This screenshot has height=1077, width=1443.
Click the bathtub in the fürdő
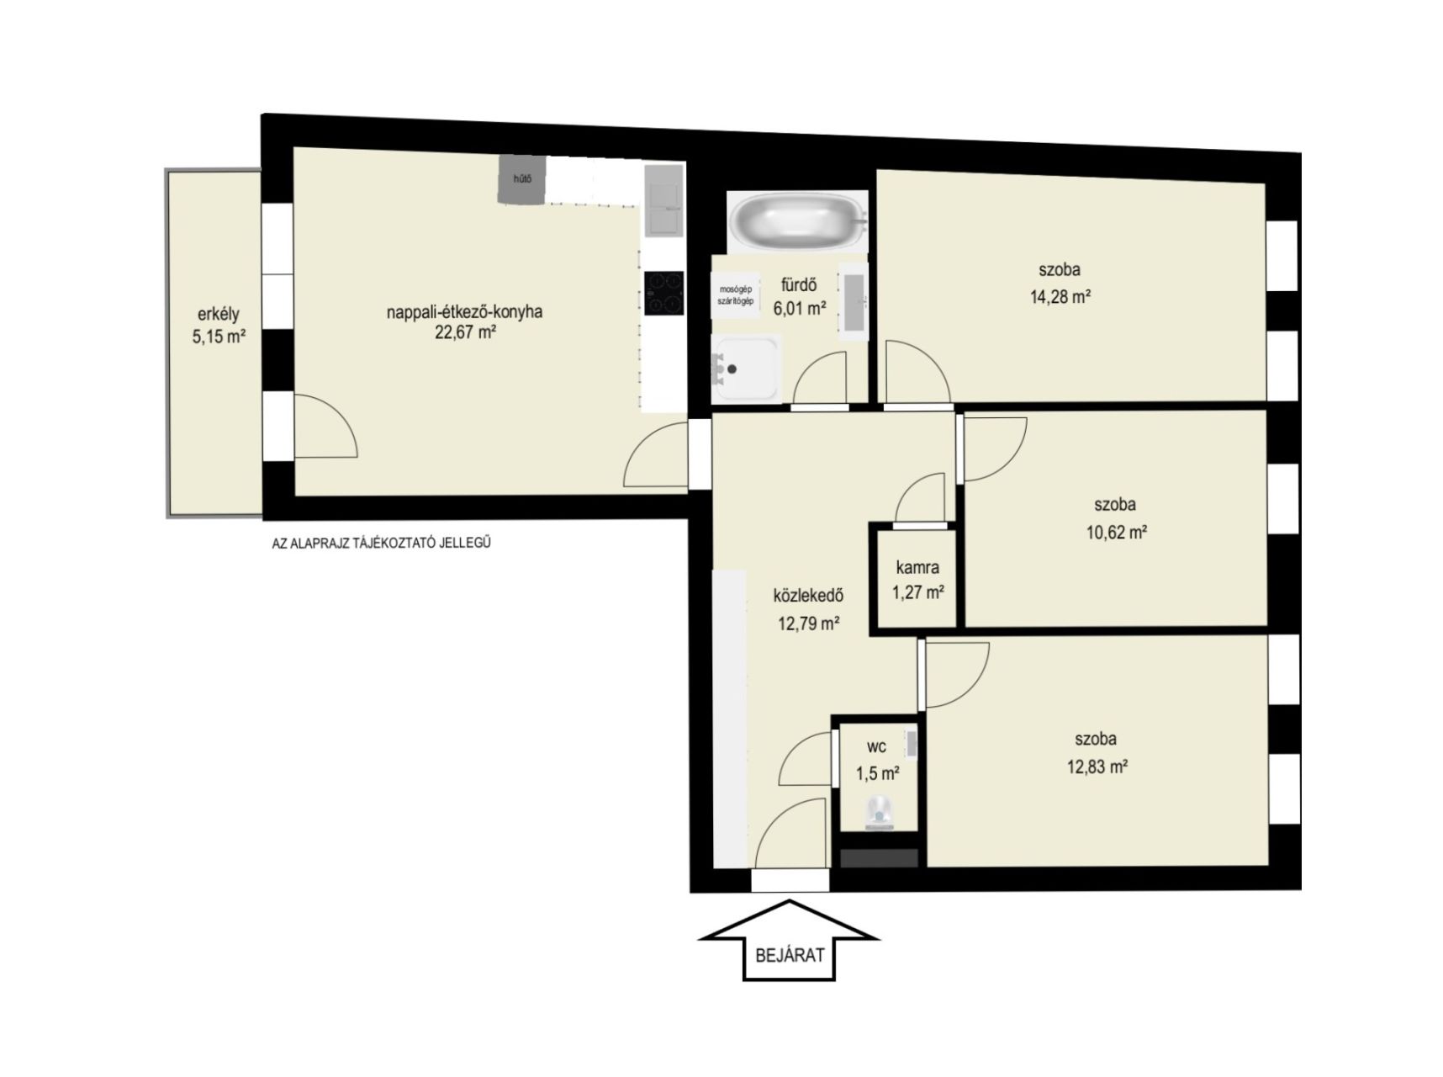coord(795,221)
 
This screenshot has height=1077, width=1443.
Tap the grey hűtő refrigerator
coord(521,178)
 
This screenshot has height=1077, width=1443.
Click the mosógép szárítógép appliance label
coord(735,295)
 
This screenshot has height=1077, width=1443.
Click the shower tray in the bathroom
coord(746,369)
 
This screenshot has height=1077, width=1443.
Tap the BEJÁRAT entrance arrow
coord(789,940)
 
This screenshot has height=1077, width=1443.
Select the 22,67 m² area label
coord(464,332)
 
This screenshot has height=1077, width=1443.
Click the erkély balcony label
coord(218,315)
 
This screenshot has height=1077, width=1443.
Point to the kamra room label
coord(917,567)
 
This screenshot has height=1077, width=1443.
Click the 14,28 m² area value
coord(1060,296)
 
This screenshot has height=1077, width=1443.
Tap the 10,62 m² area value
coord(1117,532)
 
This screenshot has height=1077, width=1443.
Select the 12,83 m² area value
coord(1097,767)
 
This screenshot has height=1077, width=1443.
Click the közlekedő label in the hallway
coord(808,596)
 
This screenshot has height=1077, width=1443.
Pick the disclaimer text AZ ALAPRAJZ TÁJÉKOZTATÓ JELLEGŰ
coord(381,544)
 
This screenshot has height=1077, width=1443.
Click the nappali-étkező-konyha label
coord(464,311)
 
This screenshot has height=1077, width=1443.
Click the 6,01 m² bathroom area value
coord(800,309)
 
